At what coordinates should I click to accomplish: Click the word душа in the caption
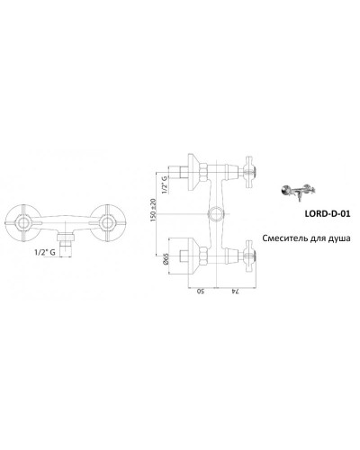tap(336, 238)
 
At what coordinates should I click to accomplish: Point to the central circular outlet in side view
tap(217, 213)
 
